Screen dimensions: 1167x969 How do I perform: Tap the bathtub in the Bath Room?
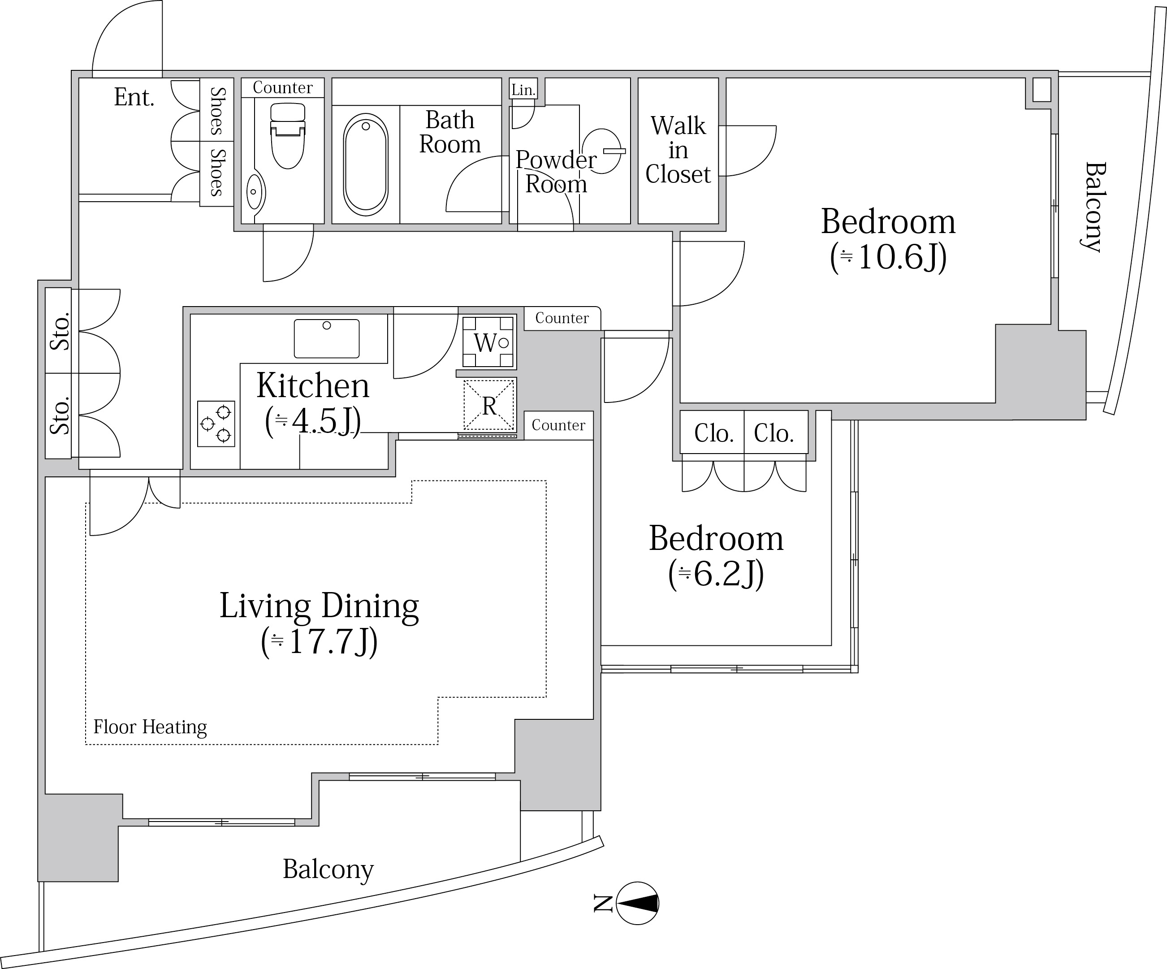pos(366,165)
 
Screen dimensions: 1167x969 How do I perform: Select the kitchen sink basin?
pos(327,338)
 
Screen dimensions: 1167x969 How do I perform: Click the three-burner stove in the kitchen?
pos(216,424)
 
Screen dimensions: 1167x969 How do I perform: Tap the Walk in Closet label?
pos(678,150)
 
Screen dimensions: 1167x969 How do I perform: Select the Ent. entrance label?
pos(134,97)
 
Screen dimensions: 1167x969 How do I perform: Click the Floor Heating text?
pos(150,727)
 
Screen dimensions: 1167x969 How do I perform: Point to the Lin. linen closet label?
pos(523,90)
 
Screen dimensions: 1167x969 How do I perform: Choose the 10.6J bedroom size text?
pos(889,258)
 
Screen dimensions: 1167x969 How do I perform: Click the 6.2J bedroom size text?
pos(716,574)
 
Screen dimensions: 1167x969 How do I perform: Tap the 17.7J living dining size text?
pos(320,642)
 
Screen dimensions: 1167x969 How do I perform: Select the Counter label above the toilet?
pos(282,88)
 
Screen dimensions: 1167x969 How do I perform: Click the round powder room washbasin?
pos(603,151)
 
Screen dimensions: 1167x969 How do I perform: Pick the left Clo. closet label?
pos(713,433)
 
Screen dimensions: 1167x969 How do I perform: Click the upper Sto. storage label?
pos(60,331)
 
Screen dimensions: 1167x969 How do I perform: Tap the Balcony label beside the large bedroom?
pos(1094,207)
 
